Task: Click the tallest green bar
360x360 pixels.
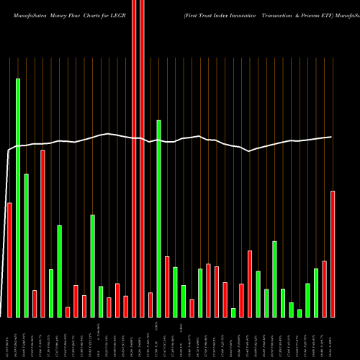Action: click(18, 198)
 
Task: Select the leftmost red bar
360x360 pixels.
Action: click(9, 259)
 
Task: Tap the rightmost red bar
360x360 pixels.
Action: click(333, 253)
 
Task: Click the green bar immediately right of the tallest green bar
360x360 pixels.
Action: click(26, 245)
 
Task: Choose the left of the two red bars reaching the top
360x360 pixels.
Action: click(134, 158)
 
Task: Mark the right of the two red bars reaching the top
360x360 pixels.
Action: click(142, 158)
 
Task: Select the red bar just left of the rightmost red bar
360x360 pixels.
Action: click(325, 288)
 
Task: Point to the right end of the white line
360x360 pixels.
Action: click(331, 137)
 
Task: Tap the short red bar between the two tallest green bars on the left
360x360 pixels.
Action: click(35, 303)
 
